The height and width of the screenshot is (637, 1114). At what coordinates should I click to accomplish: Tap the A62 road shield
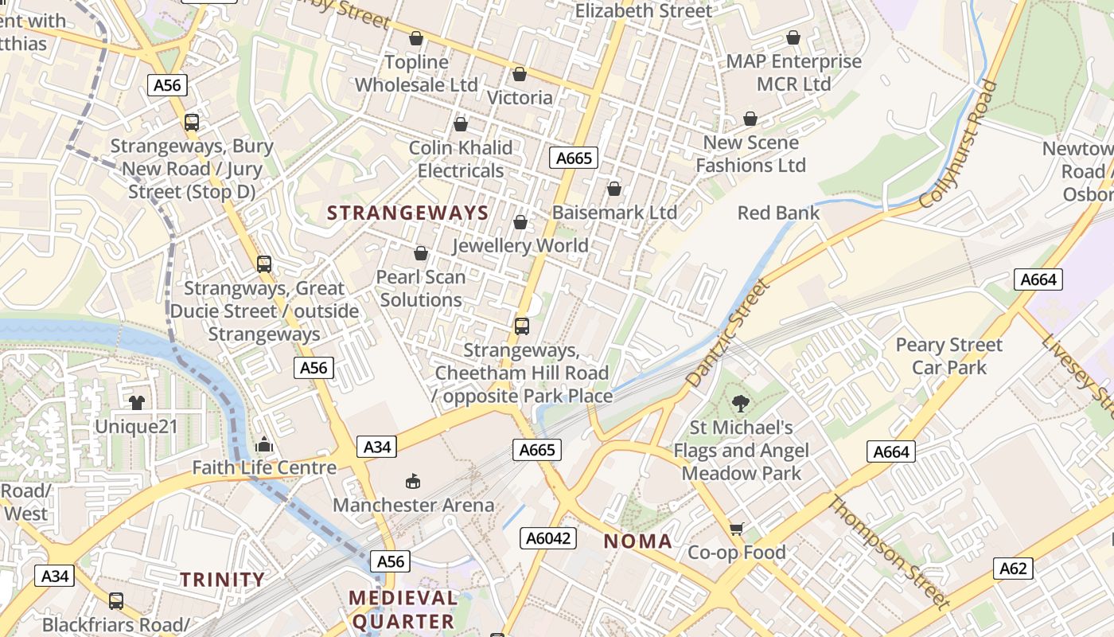tap(1013, 569)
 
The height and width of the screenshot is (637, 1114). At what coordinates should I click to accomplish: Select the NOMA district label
tap(637, 541)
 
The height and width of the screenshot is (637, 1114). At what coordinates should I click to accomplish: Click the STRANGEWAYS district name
tap(407, 213)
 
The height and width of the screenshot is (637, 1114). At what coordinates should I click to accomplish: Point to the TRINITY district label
tap(222, 580)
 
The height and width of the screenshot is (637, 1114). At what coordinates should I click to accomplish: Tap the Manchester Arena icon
tap(413, 481)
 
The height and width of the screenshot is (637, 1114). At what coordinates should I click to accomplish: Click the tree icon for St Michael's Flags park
tap(741, 404)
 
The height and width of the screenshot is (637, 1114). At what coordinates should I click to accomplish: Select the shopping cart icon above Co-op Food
tap(737, 529)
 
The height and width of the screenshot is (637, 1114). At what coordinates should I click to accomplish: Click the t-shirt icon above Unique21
tap(137, 402)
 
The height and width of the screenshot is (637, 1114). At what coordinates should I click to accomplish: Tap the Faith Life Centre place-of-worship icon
tap(264, 444)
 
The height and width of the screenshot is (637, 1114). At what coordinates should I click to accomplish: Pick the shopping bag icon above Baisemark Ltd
tap(613, 189)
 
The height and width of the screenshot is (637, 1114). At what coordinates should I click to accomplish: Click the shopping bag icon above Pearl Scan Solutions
tap(420, 253)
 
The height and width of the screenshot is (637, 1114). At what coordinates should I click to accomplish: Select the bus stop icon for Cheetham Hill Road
tap(522, 326)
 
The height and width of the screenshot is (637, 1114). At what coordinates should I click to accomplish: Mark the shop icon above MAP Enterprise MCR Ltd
tap(793, 37)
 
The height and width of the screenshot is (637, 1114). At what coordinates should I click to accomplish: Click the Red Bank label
tap(778, 213)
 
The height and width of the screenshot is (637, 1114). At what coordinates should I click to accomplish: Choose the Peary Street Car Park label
tap(948, 356)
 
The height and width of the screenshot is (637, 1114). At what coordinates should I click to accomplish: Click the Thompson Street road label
tap(889, 551)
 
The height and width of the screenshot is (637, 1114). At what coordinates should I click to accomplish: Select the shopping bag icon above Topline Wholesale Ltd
tap(415, 38)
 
